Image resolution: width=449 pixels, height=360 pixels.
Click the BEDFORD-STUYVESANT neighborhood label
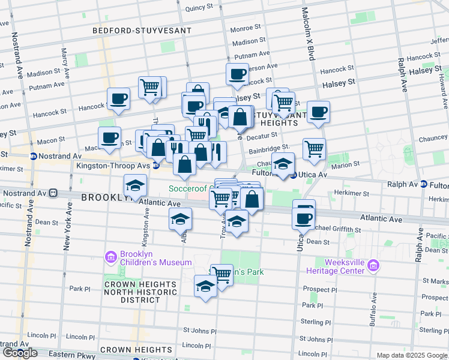(x=142, y=31)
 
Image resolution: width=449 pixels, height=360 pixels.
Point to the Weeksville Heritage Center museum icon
(x=373, y=265)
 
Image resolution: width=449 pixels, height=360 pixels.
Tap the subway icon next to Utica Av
(x=293, y=175)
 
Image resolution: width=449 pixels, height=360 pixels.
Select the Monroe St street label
(x=246, y=28)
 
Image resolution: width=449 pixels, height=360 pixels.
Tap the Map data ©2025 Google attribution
(x=411, y=355)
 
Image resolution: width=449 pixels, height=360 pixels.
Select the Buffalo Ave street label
(x=373, y=307)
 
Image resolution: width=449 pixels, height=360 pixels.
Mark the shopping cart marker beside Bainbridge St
(x=314, y=148)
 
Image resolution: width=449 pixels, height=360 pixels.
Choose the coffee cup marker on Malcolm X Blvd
(x=318, y=111)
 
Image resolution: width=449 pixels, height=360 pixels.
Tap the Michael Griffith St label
(x=337, y=230)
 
